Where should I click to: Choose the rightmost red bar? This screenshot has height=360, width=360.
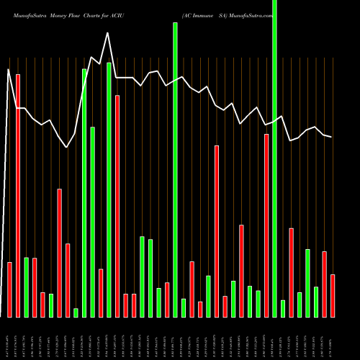pyautogui.click(x=333, y=295)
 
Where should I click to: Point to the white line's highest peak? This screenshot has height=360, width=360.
pyautogui.click(x=108, y=33)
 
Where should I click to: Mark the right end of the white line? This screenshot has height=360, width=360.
pyautogui.click(x=332, y=137)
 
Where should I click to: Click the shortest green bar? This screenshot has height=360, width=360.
pyautogui.click(x=76, y=312)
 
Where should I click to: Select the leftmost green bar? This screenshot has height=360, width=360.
pyautogui.click(x=27, y=287)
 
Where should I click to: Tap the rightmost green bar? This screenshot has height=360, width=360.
pyautogui.click(x=316, y=302)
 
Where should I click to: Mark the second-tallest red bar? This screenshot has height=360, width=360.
pyautogui.click(x=117, y=206)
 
